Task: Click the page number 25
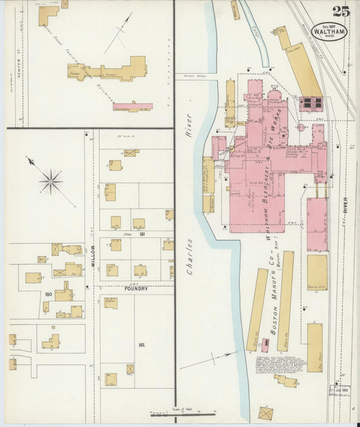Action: click(341, 11)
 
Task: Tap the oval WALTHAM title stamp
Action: click(329, 31)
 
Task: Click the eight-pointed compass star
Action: click(50, 181)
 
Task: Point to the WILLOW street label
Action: click(93, 257)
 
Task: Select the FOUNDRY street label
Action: click(135, 288)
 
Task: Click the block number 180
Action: click(48, 295)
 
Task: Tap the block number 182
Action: click(142, 345)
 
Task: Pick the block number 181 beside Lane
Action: click(143, 234)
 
